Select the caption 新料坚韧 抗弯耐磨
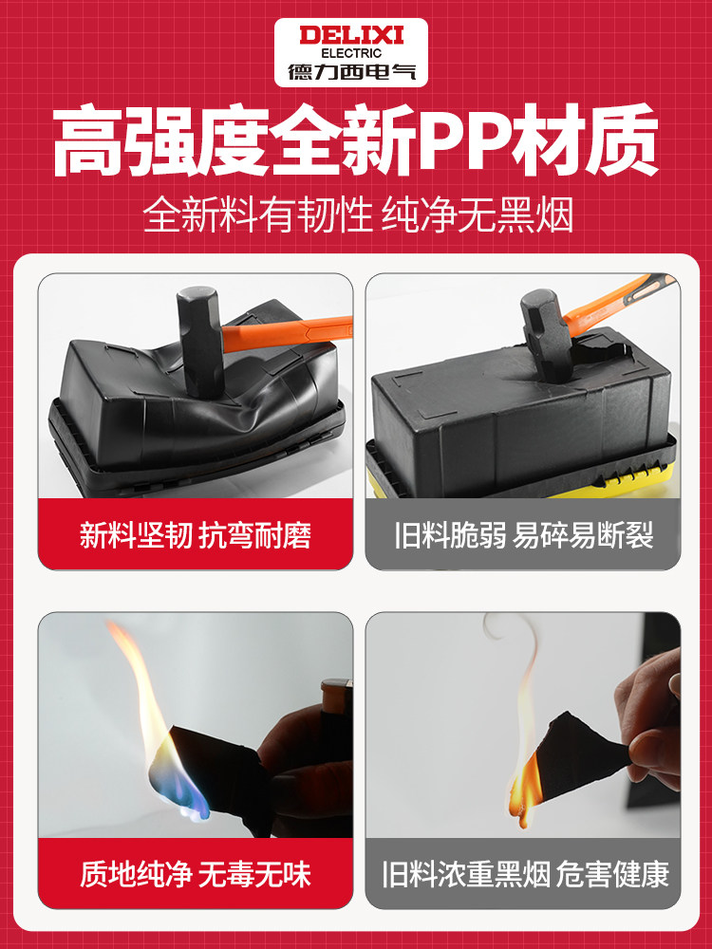196,535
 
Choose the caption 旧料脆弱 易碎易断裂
523,535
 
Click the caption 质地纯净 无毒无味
196,872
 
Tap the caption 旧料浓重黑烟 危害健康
523,872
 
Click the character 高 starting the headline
89,145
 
